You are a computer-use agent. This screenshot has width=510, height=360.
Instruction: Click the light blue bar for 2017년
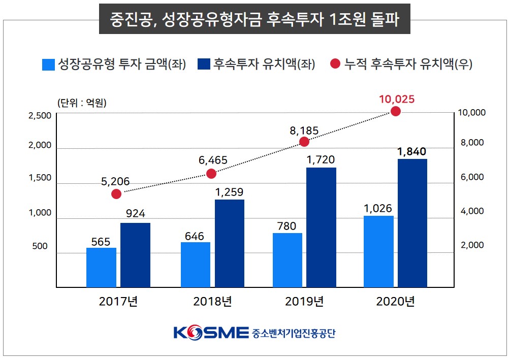point(101,267)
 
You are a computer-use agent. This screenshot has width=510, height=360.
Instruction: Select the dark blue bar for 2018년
point(229,243)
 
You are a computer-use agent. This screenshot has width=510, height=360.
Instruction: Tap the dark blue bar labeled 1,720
point(321,227)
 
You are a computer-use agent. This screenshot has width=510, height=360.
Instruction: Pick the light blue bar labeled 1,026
point(379,251)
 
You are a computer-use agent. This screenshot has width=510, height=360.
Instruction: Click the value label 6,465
point(213,160)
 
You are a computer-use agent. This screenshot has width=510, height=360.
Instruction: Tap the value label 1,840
point(412,152)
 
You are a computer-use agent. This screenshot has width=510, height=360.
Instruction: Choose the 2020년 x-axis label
point(396,302)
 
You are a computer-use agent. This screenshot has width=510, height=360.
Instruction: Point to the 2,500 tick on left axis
point(39,116)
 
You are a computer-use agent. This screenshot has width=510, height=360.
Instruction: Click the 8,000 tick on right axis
point(472,143)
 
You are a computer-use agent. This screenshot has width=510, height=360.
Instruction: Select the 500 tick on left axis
point(40,246)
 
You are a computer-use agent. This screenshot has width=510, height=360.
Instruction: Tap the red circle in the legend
point(335,64)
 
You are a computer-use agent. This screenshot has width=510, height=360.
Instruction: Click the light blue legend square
point(48,64)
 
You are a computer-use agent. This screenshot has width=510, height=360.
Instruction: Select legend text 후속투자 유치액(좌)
point(264,64)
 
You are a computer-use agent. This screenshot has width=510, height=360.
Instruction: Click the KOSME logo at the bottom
point(211,333)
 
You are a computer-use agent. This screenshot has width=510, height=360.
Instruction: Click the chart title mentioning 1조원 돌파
point(254,20)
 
